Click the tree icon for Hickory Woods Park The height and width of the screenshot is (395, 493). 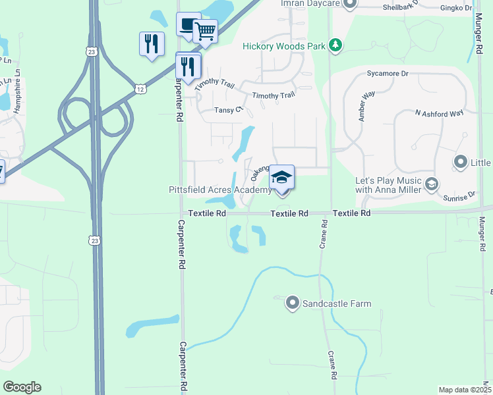[x=337, y=45]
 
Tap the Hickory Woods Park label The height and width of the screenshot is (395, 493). [x=285, y=46]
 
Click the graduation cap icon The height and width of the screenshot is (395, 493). [x=282, y=177]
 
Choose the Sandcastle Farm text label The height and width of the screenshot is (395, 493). [x=336, y=304]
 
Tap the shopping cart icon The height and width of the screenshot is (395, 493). [x=206, y=30]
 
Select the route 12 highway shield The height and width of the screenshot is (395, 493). [x=140, y=88]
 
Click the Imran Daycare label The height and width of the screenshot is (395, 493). [x=311, y=4]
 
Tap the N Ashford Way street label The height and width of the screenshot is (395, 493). [x=439, y=114]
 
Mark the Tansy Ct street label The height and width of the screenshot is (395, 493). [x=229, y=111]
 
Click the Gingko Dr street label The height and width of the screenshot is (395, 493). [x=459, y=9]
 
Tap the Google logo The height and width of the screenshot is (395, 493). [x=22, y=387]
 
